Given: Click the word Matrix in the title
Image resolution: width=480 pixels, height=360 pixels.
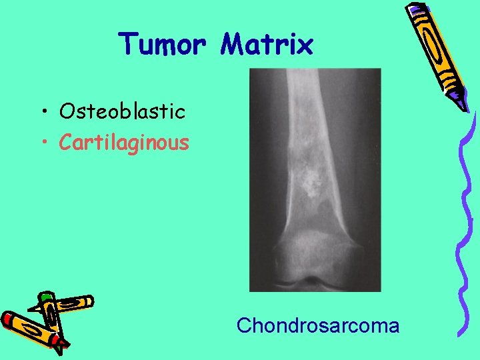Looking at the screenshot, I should [x=267, y=45].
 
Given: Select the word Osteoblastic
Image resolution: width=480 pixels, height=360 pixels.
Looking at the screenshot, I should [x=122, y=111].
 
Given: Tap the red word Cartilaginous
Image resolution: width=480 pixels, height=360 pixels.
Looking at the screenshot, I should [x=124, y=142].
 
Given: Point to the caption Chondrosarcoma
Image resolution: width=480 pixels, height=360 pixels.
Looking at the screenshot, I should [x=318, y=326].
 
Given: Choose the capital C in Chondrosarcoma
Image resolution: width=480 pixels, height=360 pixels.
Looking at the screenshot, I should [x=243, y=326].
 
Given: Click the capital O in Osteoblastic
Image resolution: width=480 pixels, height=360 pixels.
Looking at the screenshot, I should [x=66, y=111].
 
